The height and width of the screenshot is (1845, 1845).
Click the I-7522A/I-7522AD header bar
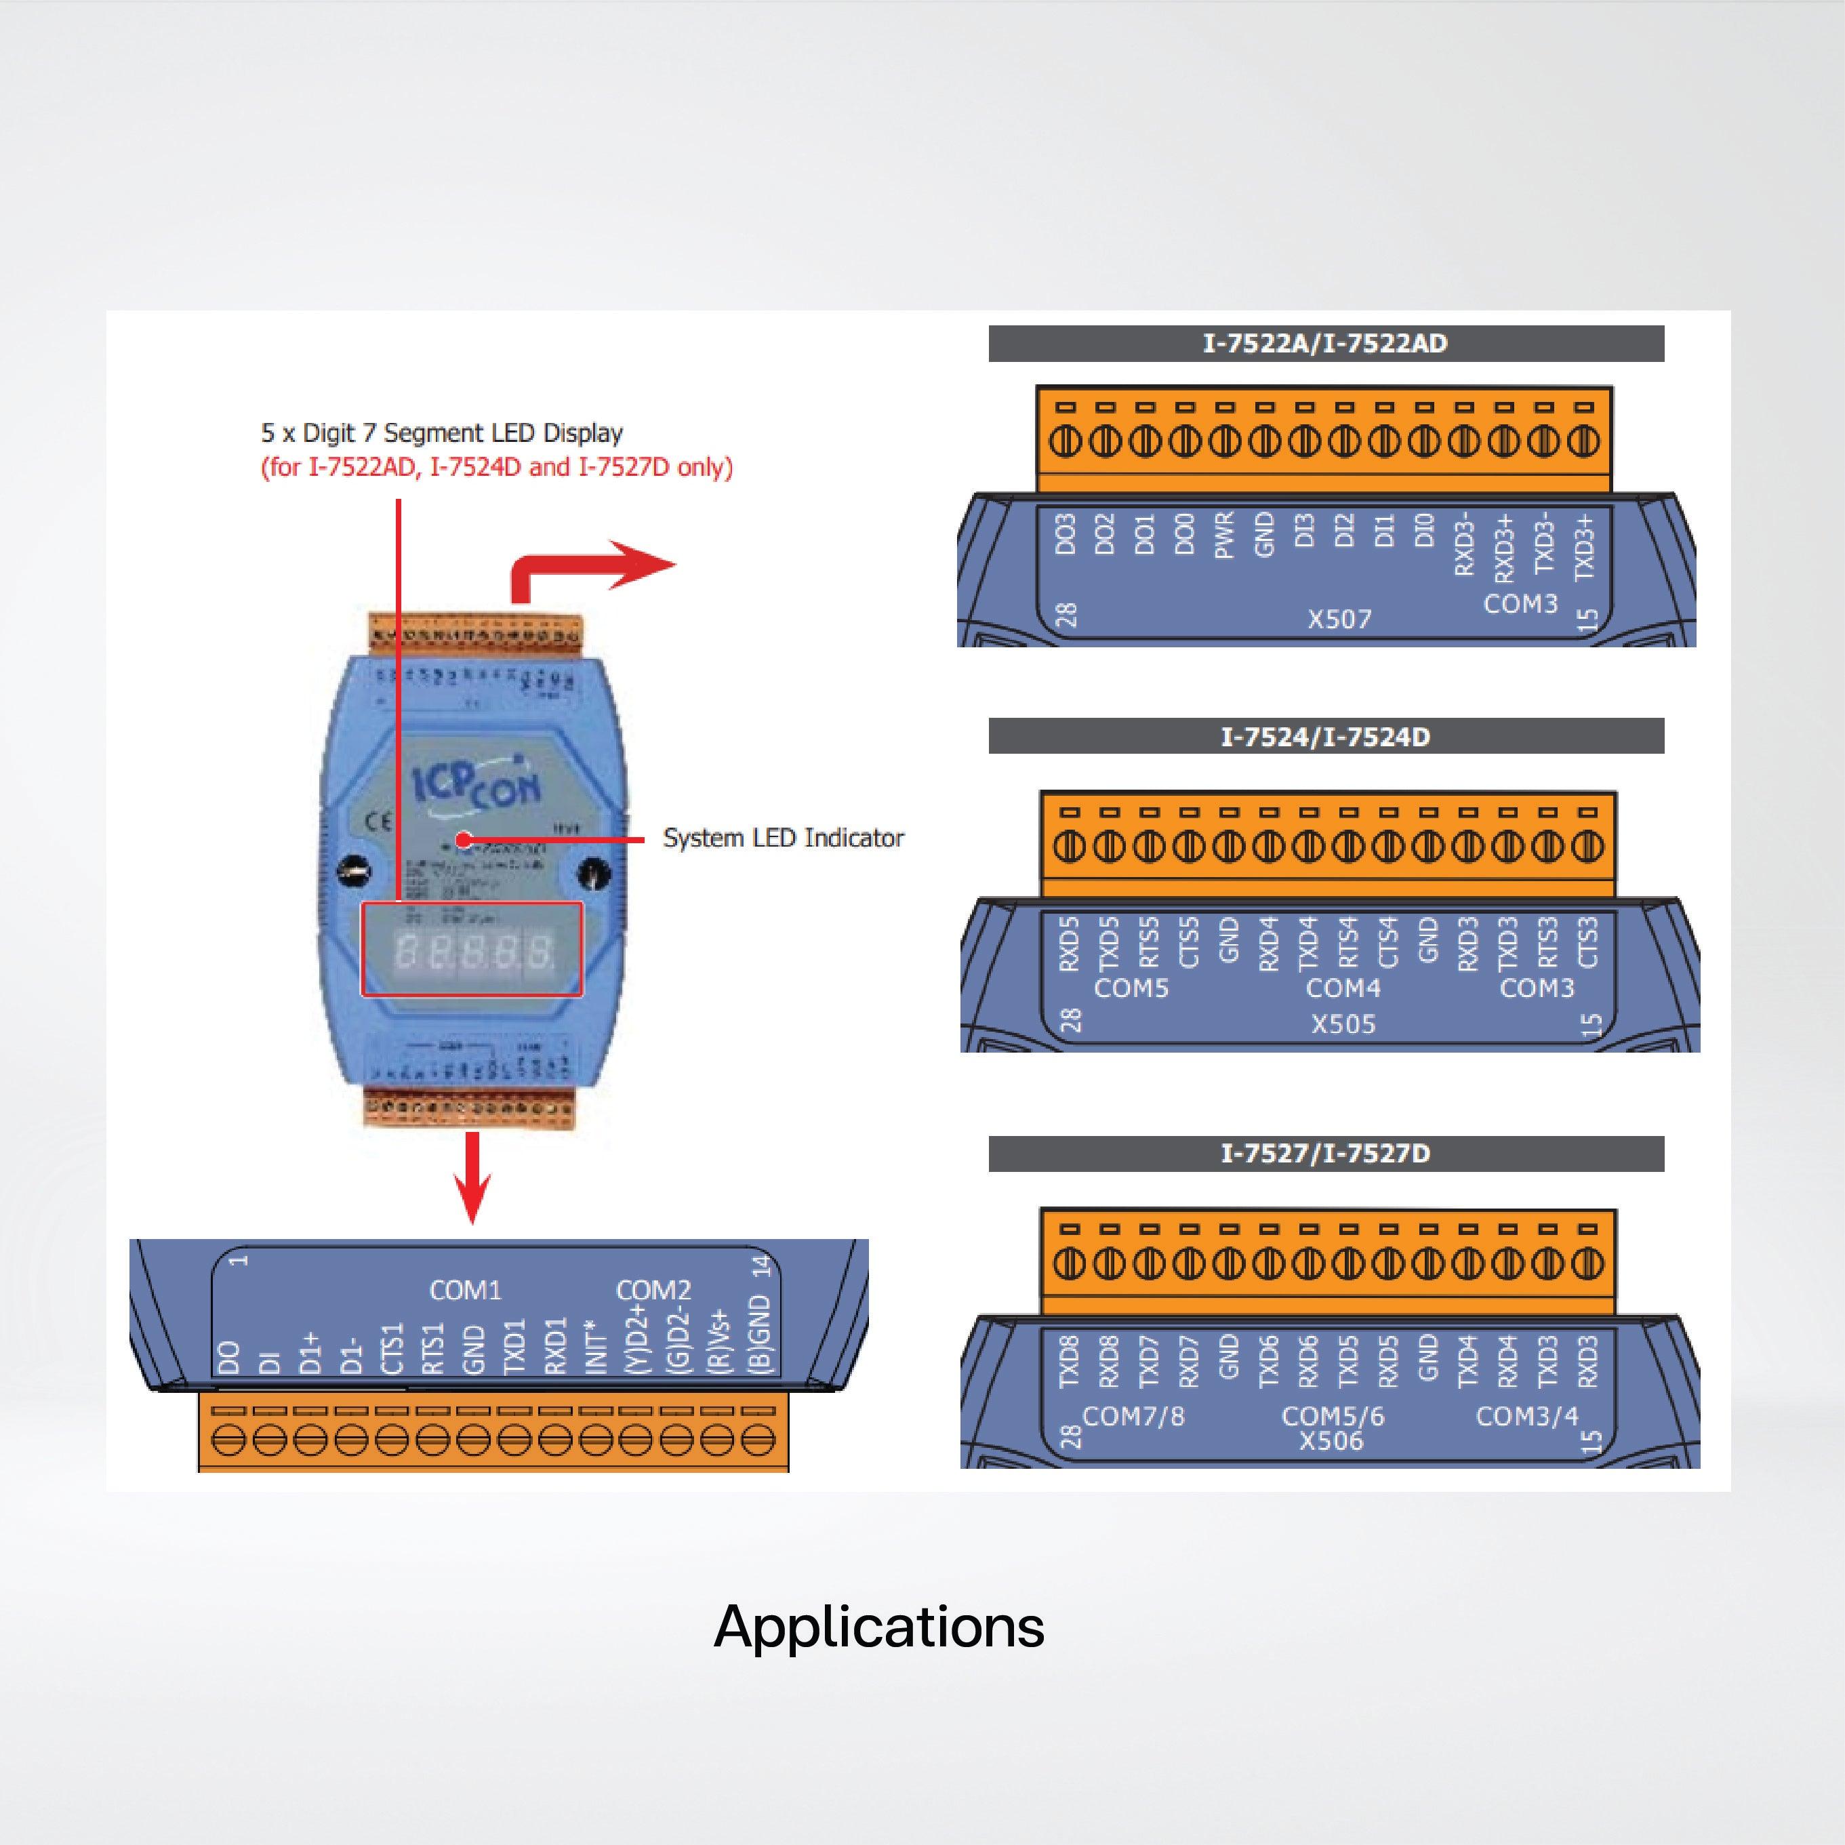coord(1326,344)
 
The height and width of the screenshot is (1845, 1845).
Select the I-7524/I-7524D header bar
coord(1326,736)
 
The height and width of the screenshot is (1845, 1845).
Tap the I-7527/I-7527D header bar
coord(1326,1154)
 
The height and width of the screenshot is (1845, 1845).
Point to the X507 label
coord(1339,619)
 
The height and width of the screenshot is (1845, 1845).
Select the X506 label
coord(1331,1440)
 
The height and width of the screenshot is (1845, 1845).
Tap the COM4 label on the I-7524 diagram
coord(1343,988)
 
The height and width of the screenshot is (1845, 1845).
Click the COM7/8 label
coord(1133,1415)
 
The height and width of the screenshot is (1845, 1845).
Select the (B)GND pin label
coord(759,1335)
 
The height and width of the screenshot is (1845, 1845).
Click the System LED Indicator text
coord(783,838)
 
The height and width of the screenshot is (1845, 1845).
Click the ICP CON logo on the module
coord(477,784)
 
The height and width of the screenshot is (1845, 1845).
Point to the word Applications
coord(878,1626)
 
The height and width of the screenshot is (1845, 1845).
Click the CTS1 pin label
coord(392,1347)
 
